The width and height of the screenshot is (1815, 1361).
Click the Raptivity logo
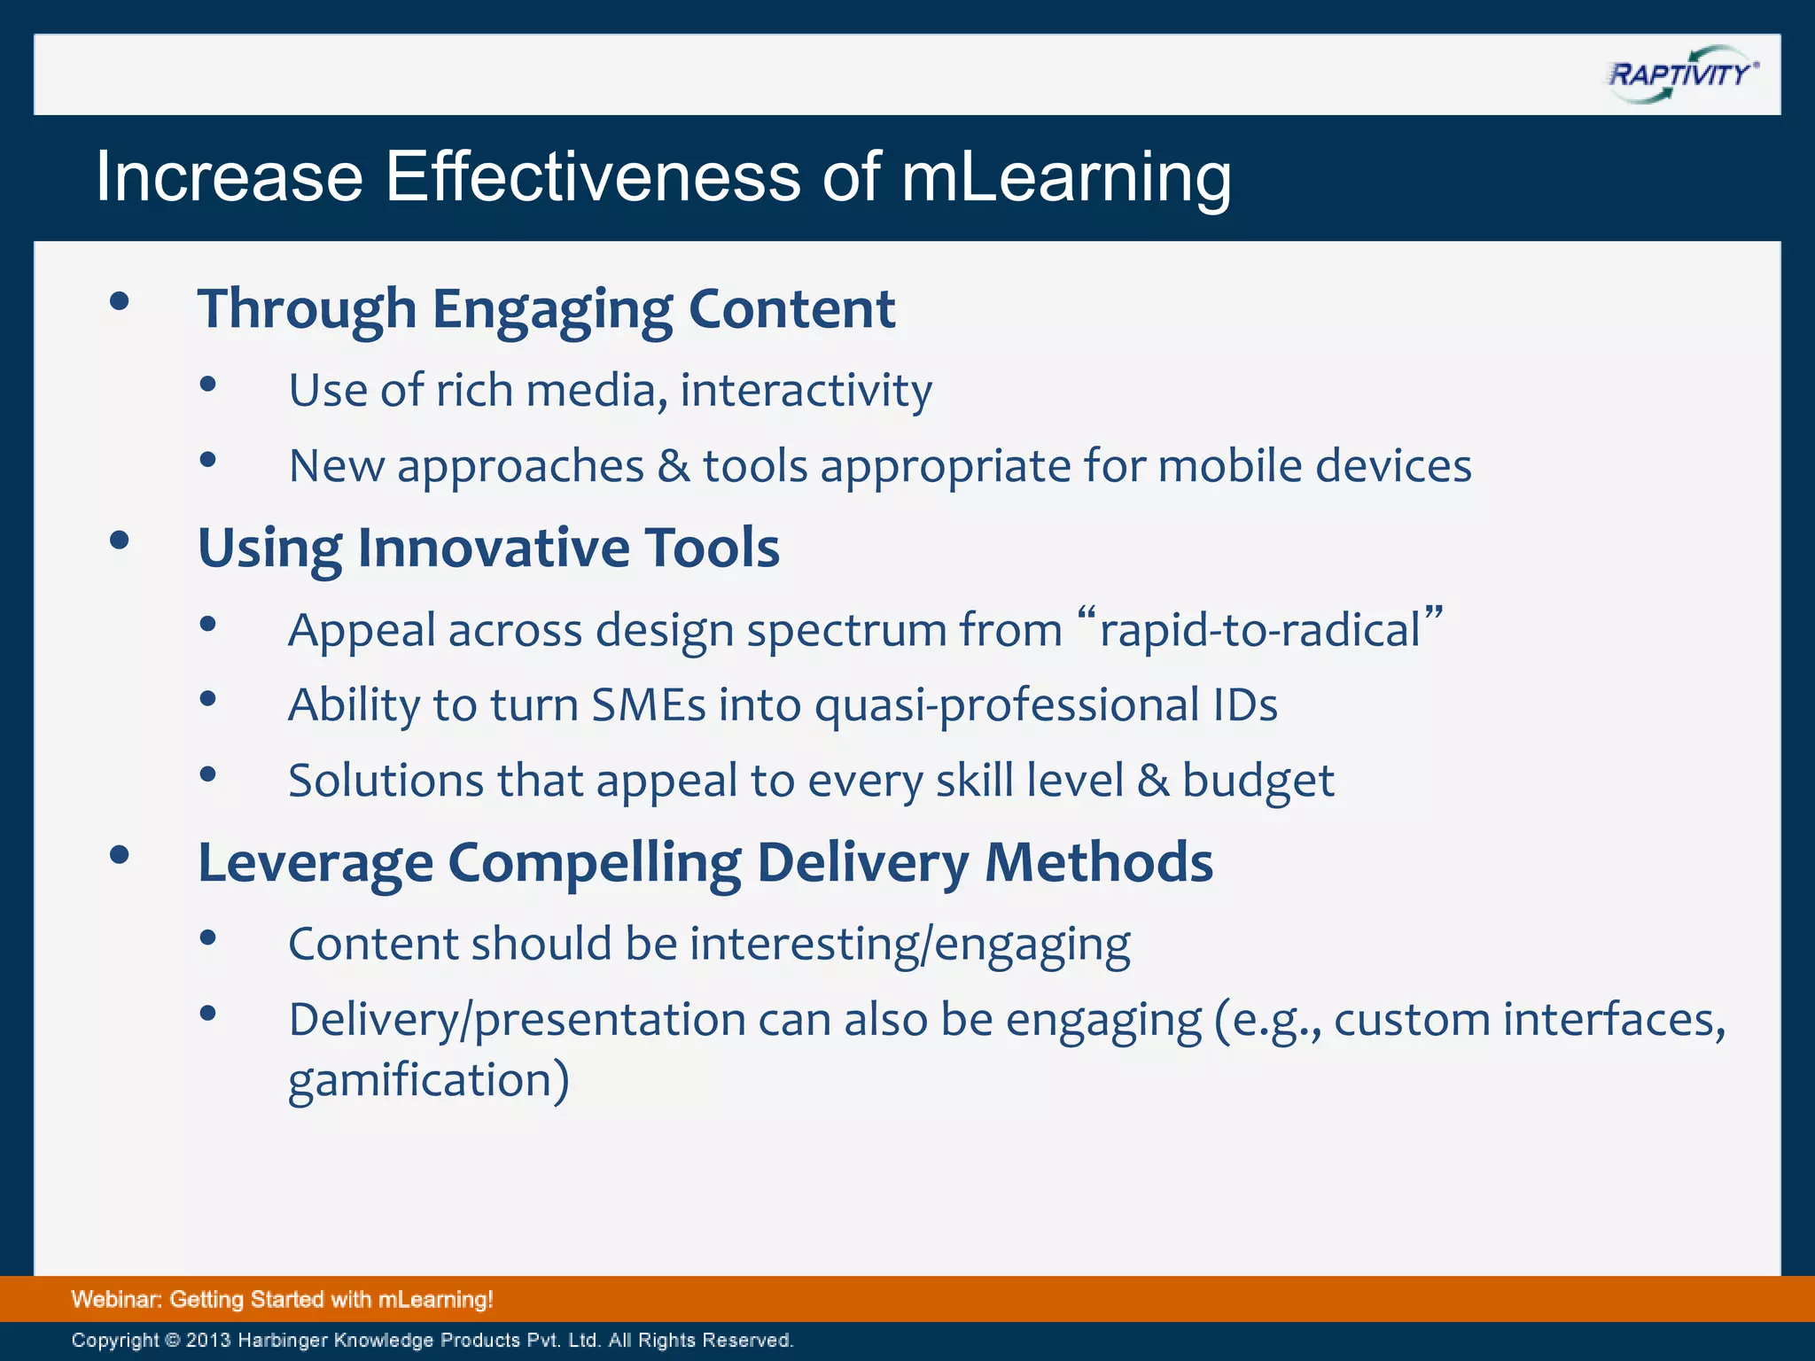pos(1682,74)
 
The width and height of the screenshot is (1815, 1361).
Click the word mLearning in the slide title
pos(1066,177)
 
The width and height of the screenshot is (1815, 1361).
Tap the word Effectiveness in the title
pos(593,177)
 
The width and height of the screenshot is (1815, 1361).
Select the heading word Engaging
pos(552,310)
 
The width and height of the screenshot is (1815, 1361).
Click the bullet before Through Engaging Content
pos(120,302)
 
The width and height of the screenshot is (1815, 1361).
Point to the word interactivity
pos(806,391)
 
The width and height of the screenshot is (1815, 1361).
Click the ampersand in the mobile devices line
pos(674,466)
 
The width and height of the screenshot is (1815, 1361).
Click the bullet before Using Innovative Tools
pos(120,541)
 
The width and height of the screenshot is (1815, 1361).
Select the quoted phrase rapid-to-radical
pos(1260,631)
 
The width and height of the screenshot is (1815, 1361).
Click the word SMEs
pos(648,706)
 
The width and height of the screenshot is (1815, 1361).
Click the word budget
pos(1258,782)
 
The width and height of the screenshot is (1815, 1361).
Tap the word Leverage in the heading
pos(315,863)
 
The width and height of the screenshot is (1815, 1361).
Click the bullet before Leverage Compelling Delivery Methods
pos(120,855)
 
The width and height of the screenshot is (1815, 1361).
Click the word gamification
pos(421,1080)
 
